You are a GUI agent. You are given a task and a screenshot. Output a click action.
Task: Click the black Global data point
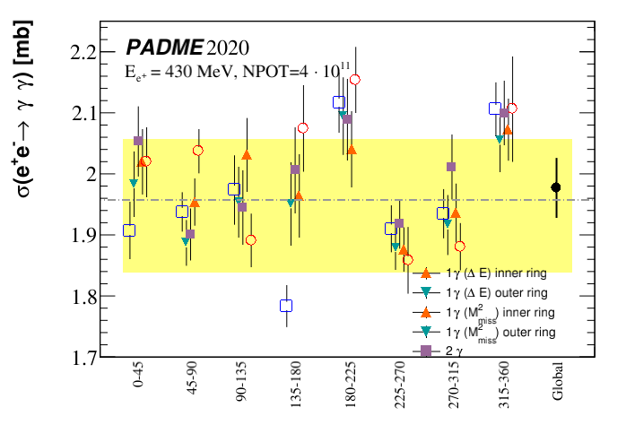coord(556,187)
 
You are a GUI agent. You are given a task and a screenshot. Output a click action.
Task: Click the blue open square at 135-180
coord(286,306)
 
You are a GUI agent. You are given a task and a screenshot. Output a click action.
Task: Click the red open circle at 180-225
coord(355,80)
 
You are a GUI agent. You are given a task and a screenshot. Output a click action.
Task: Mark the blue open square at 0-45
coord(129,230)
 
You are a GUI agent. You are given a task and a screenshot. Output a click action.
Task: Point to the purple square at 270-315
coord(451,167)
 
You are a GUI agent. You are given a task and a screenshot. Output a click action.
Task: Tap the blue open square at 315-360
coord(495,108)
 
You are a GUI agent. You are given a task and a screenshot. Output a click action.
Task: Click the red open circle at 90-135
coord(251,240)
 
